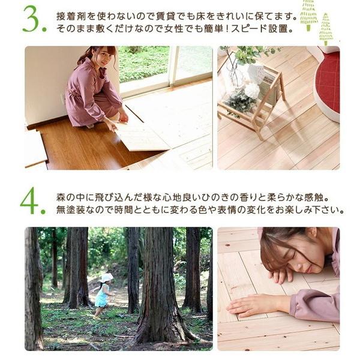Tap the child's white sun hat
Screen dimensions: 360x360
[107, 277]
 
